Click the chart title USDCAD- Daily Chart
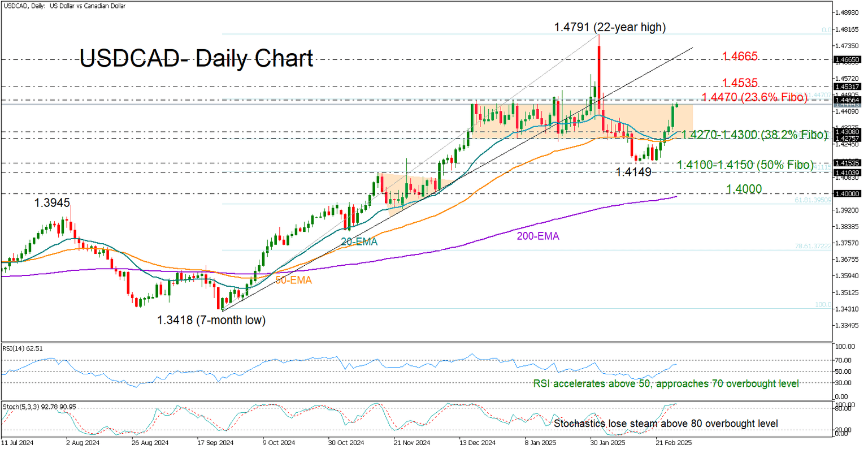click(x=196, y=59)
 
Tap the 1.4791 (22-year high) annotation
click(x=610, y=27)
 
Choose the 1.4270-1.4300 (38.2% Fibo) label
click(x=747, y=135)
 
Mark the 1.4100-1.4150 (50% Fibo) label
click(x=745, y=165)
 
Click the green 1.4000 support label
click(x=744, y=189)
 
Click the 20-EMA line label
click(x=359, y=241)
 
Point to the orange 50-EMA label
click(x=294, y=279)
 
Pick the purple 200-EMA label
click(x=537, y=236)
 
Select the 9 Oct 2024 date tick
click(x=279, y=443)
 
